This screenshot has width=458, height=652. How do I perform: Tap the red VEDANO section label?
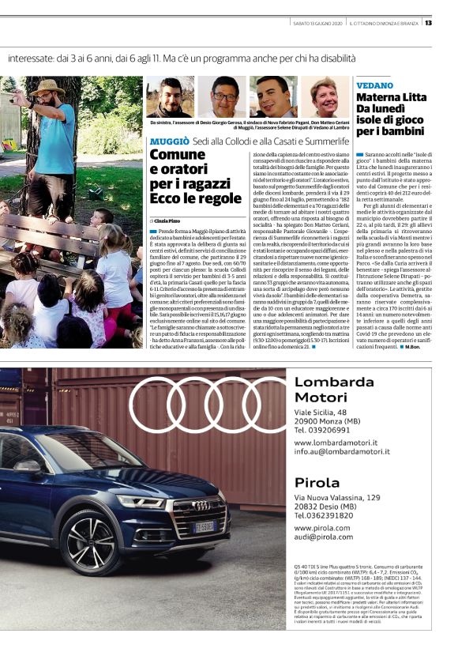(x=374, y=85)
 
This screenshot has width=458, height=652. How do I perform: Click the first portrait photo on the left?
(x=170, y=97)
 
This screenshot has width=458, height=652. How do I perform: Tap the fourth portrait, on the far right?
(x=326, y=97)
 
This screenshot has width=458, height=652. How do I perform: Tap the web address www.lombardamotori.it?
(x=336, y=443)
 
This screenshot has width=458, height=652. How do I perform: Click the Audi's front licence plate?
(x=205, y=526)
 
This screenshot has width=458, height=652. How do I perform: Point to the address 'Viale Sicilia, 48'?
(x=320, y=413)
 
